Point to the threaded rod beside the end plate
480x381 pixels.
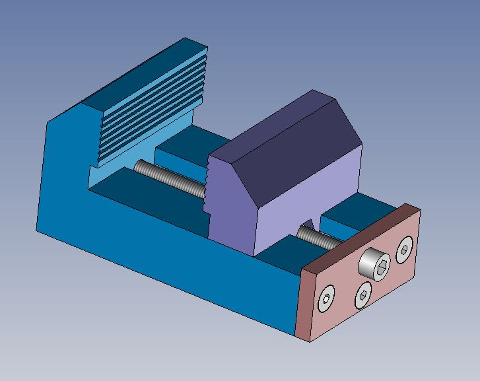(316, 236)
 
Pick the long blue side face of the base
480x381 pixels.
(165, 264)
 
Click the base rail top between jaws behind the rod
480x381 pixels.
(185, 145)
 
